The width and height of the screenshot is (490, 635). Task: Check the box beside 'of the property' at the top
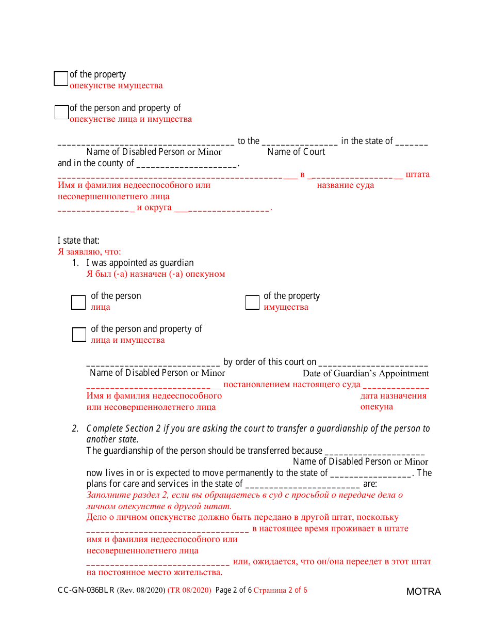pos(61,78)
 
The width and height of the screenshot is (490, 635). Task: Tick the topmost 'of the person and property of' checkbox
pos(61,112)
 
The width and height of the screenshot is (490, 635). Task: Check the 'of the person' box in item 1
pos(78,303)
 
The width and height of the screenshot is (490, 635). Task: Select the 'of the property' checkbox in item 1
pos(252,303)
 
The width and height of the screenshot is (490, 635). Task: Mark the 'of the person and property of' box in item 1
pos(79,335)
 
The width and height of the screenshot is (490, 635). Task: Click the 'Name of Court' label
pos(296,152)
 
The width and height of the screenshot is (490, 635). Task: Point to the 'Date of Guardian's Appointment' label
pos(366,373)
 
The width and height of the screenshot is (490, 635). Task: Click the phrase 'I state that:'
pos(78,241)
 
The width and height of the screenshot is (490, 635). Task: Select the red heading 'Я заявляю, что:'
pos(89,252)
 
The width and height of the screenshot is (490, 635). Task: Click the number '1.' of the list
pos(75,263)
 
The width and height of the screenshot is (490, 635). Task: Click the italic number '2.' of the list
pos(75,428)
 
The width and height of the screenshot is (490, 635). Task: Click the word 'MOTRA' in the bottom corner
pos(423,592)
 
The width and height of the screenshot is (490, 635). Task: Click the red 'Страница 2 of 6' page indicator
pos(280,590)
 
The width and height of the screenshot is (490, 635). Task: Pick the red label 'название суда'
pos(346,185)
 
